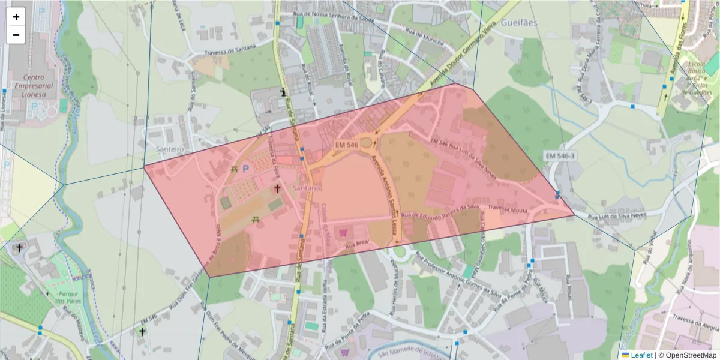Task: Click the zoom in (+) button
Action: tap(16, 17)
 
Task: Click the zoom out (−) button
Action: tap(16, 35)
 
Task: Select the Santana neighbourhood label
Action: tap(307, 188)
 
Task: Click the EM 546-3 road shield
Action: tap(560, 156)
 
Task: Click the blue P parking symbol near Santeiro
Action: tap(245, 170)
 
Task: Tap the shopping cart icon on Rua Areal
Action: tap(343, 232)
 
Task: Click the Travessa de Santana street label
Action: tap(230, 50)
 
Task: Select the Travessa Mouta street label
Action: tap(507, 210)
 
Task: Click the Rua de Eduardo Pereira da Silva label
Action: tap(440, 211)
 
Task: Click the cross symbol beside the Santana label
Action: tap(277, 188)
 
